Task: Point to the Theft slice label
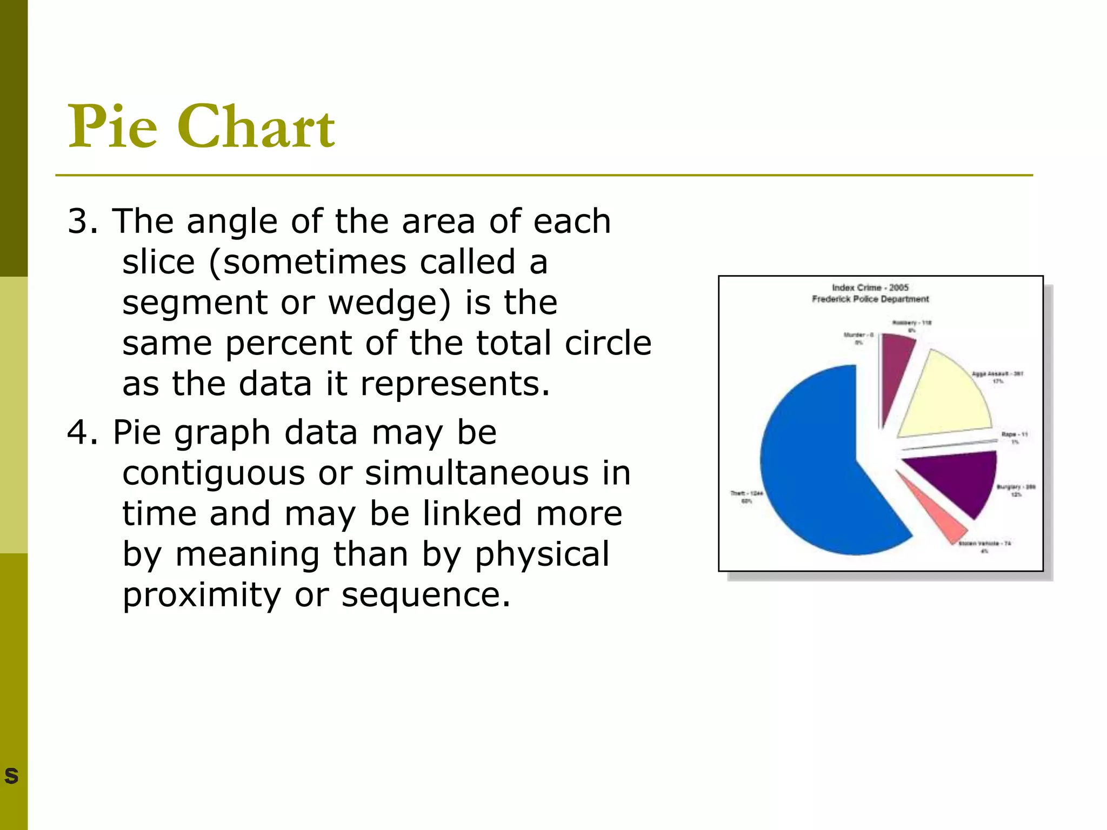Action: pyautogui.click(x=746, y=497)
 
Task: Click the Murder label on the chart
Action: pyautogui.click(x=858, y=338)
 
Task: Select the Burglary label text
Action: pyautogui.click(x=1016, y=490)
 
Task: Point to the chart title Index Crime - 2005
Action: pyautogui.click(x=870, y=287)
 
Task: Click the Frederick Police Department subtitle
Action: pyautogui.click(x=870, y=299)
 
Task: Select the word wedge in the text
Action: pyautogui.click(x=389, y=303)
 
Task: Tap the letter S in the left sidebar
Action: pyautogui.click(x=11, y=775)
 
